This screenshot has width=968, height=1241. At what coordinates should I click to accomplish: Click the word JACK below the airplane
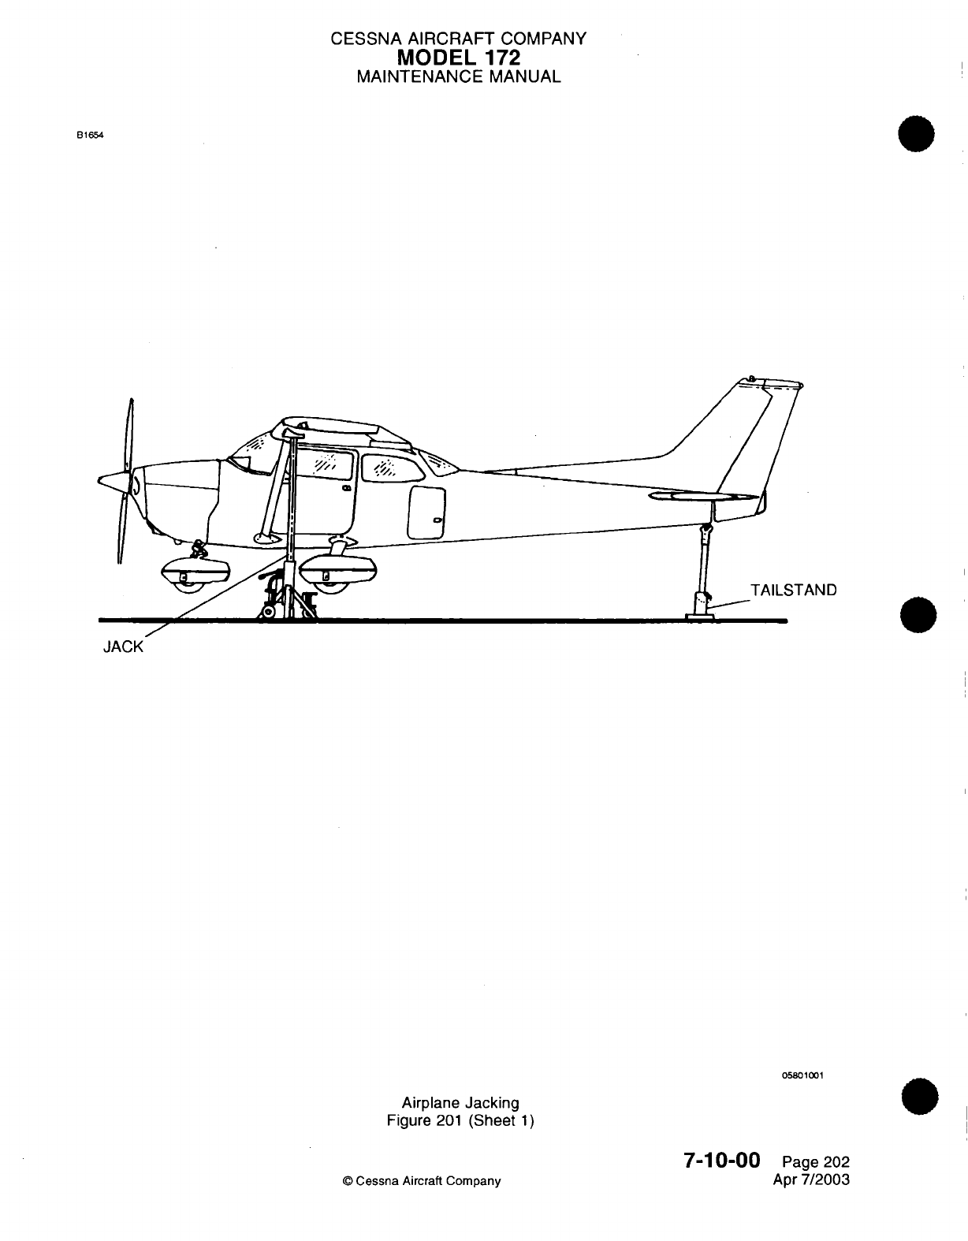(x=124, y=647)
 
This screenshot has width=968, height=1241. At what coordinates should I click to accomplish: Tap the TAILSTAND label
(x=793, y=590)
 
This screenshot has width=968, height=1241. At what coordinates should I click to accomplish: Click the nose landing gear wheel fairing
(x=194, y=570)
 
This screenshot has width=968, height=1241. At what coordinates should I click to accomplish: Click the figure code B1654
(x=91, y=134)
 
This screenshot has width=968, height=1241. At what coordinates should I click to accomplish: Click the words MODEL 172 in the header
(x=458, y=57)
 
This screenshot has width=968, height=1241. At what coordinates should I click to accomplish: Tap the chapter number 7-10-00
(x=721, y=1161)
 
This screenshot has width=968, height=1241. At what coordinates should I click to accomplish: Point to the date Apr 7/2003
(x=813, y=1180)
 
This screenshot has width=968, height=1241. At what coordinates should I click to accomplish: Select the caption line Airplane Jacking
(x=460, y=1103)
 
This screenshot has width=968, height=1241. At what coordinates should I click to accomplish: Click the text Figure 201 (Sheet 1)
(x=460, y=1120)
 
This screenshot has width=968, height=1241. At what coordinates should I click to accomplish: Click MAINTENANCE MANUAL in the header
(x=458, y=76)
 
